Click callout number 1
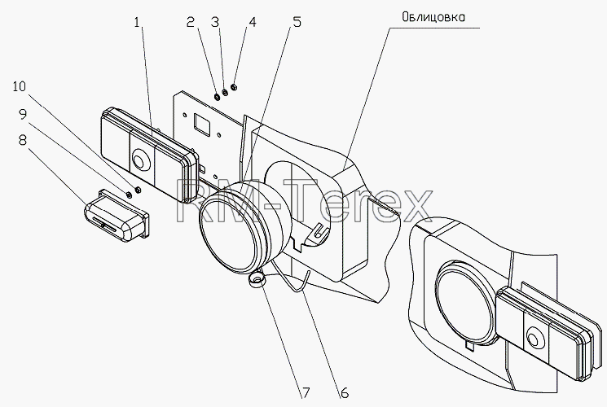[136, 22]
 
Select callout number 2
[190, 22]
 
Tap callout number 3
[215, 22]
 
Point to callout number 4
[253, 22]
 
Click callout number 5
[297, 22]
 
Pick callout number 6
[344, 393]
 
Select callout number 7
[306, 393]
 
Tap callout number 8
[23, 140]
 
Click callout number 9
[23, 114]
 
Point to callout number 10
[20, 86]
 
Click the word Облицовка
[433, 17]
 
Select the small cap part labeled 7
[257, 279]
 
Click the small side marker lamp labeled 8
[117, 216]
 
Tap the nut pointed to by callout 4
[234, 87]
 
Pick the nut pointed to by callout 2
[218, 95]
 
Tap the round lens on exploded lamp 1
[139, 160]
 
